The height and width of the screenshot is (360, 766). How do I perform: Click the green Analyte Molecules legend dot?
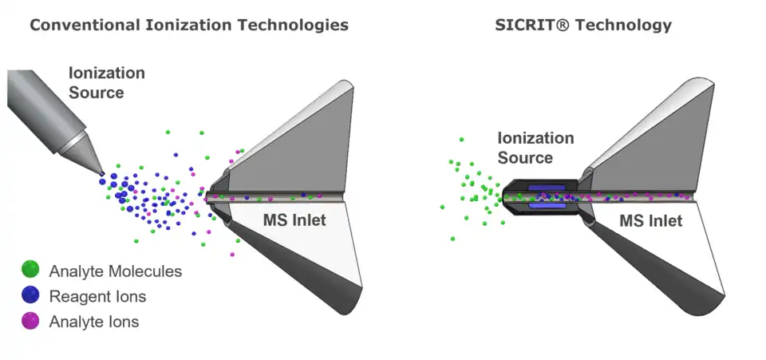point(31,271)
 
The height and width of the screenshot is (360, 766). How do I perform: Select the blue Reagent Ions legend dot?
point(31,296)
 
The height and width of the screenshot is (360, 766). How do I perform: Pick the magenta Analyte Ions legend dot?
point(31,322)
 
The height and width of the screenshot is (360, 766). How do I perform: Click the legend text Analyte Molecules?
point(115,271)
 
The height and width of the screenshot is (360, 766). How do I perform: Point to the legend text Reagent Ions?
point(97,297)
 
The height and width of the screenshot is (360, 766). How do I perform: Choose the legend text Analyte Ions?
point(93,322)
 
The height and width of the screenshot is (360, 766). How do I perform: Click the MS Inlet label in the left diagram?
point(294,220)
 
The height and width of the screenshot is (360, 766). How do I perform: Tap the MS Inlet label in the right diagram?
point(651,220)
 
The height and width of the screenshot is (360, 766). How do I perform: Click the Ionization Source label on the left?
point(107,83)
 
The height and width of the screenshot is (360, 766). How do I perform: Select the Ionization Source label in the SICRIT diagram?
point(535,148)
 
